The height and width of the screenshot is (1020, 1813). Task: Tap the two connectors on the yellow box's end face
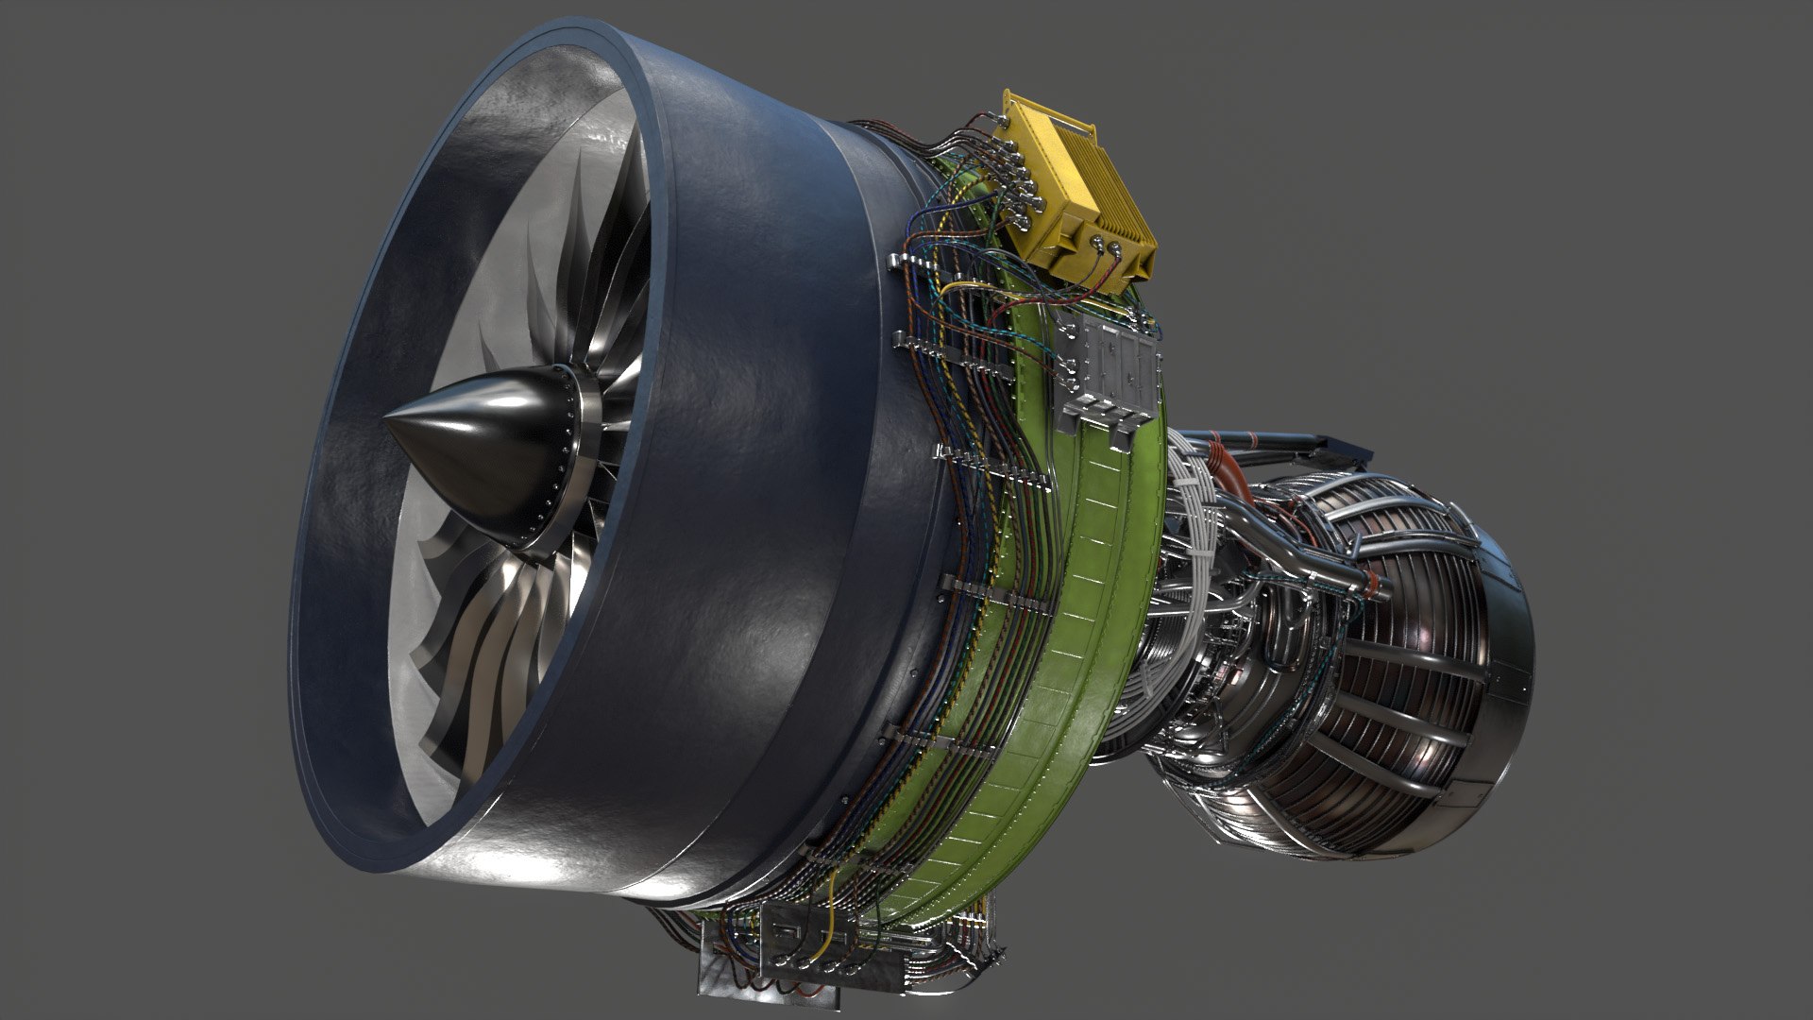coord(1105,248)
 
